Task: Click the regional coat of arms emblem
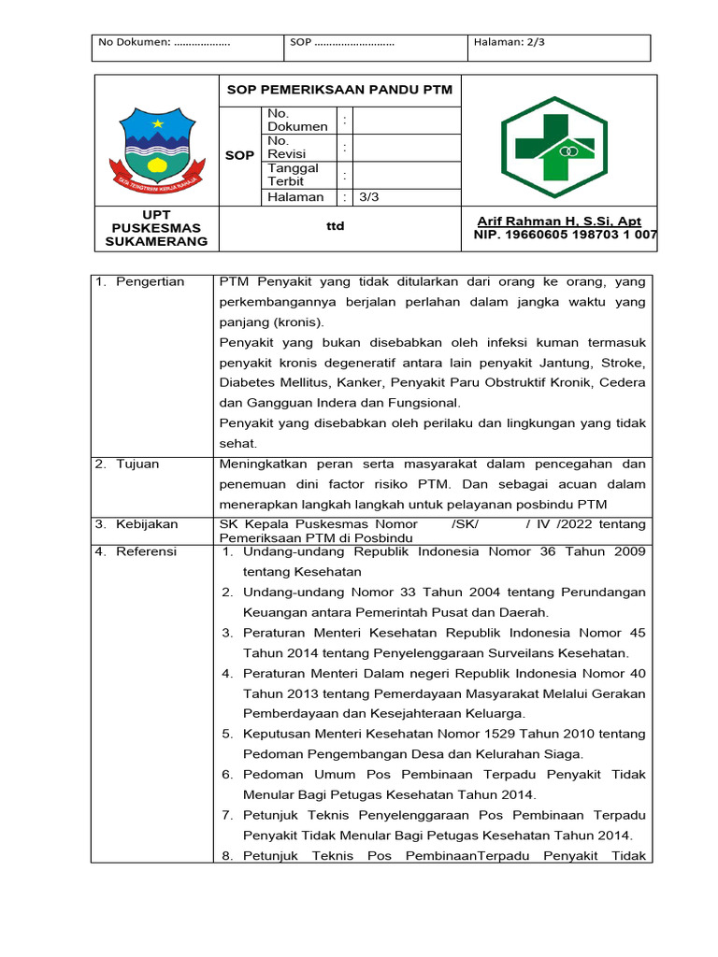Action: tap(156, 150)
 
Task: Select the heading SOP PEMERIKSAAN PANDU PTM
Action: tap(340, 90)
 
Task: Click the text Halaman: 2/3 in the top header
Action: tap(510, 42)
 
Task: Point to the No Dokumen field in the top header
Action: tap(164, 42)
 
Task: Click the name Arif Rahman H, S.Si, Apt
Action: tap(559, 221)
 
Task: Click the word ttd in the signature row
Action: tap(336, 226)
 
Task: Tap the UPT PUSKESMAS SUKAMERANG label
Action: tap(156, 228)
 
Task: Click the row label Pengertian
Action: tap(150, 281)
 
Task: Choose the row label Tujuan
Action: tap(137, 464)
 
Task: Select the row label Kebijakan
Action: tap(146, 524)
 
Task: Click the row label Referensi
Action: tap(146, 551)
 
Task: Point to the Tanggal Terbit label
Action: tap(293, 175)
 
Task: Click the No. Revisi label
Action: tap(286, 147)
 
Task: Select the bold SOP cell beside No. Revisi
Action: tap(239, 155)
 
